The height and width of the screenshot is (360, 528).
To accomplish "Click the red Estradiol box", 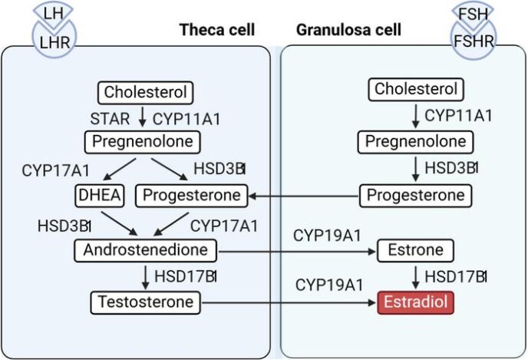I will [415, 302].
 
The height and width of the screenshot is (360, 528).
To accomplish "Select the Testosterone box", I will [143, 302].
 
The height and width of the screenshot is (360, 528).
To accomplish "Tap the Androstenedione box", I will [147, 250].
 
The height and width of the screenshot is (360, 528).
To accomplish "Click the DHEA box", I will [100, 196].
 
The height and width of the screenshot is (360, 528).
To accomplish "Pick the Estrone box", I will [415, 250].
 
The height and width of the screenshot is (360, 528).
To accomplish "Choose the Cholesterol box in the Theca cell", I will [145, 93].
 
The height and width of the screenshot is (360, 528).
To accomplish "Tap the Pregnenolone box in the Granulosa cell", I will [415, 142].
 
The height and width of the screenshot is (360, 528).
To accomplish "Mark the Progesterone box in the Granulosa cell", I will [415, 196].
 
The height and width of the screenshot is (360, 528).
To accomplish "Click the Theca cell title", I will [217, 31].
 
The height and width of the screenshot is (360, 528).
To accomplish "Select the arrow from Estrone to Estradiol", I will [415, 276].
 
